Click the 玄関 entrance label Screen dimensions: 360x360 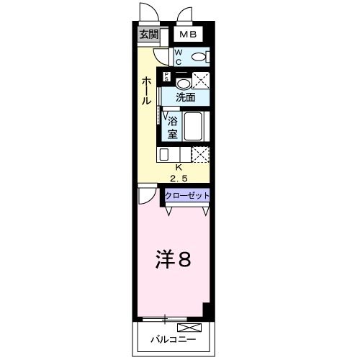(148, 35)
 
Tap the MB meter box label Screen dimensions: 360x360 (186, 35)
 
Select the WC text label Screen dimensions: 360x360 (179, 56)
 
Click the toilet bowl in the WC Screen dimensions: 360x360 (199, 56)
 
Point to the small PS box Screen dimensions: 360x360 (167, 77)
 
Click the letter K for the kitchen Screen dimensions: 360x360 (179, 167)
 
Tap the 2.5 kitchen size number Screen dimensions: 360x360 (179, 177)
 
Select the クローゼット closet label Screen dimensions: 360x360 (187, 195)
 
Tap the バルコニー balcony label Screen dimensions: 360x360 (166, 338)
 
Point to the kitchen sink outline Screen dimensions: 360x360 (164, 154)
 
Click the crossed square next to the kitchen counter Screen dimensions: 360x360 (199, 154)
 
